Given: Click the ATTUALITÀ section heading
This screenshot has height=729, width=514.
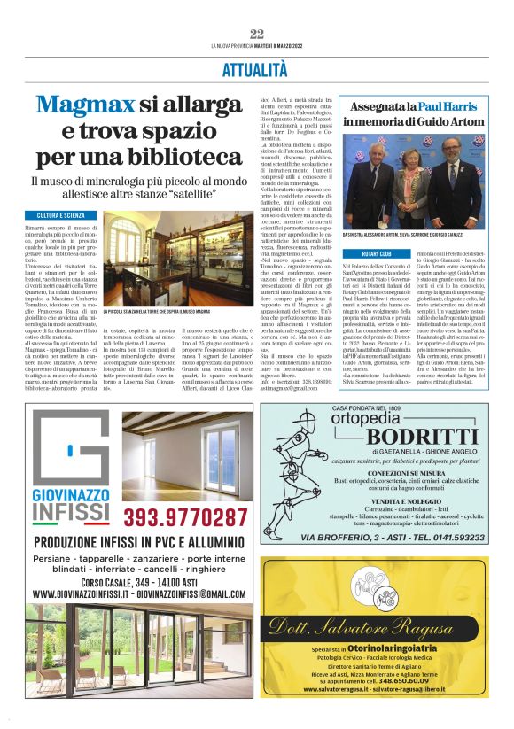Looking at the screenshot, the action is pos(257,69).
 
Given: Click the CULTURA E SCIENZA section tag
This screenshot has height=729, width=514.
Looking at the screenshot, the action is pos(61,216).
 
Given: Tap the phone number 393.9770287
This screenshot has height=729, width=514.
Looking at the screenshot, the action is pos(184,516).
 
